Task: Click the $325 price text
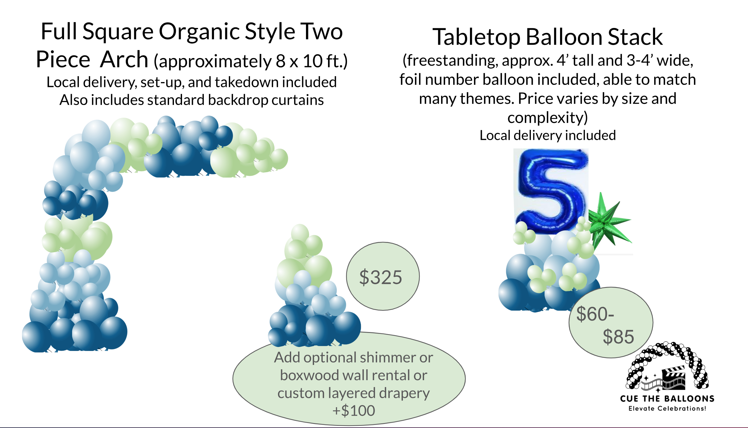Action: point(381,277)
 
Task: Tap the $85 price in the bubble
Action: point(618,337)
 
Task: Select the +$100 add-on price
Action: point(353,411)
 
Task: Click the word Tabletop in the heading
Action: point(477,37)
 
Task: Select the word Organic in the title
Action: point(199,32)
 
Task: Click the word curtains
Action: point(298,100)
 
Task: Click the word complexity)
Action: point(548,118)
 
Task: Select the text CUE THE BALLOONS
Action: point(667,398)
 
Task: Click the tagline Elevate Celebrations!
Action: point(667,408)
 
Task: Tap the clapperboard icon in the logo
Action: point(673,378)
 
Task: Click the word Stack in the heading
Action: point(635,37)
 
